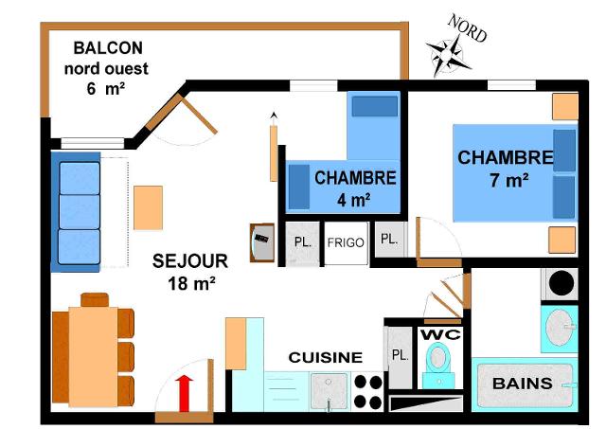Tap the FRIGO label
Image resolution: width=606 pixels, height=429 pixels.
coord(346,242)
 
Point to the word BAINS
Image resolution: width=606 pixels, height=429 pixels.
coord(522,384)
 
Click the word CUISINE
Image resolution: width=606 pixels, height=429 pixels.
coord(325,357)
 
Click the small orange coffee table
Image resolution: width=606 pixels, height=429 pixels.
coord(148,207)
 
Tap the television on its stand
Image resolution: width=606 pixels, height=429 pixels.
coord(261,242)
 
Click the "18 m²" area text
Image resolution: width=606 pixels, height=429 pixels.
coord(190,282)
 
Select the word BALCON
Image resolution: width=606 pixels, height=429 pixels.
coord(108,47)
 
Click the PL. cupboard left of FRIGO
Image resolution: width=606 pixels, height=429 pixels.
coord(303,241)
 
